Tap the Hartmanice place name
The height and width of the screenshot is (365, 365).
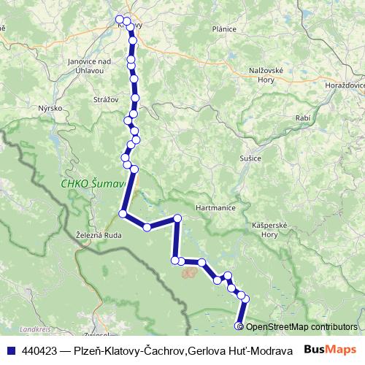[x=215, y=208]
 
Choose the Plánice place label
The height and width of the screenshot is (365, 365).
[x=223, y=29]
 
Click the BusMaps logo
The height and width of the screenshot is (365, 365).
[x=329, y=350]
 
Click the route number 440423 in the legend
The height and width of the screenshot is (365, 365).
[x=40, y=350]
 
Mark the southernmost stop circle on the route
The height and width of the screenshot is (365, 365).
[x=238, y=326]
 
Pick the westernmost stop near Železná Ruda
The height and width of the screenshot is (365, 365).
[x=123, y=214]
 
